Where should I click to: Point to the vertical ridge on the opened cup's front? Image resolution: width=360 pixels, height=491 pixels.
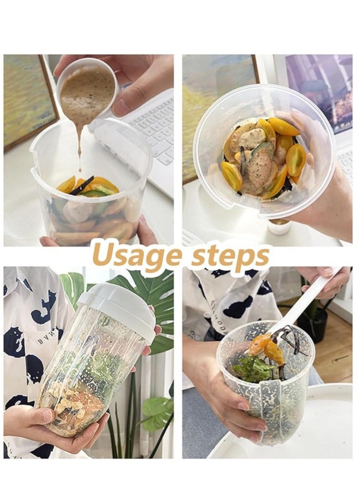pyautogui.click(x=271, y=415)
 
